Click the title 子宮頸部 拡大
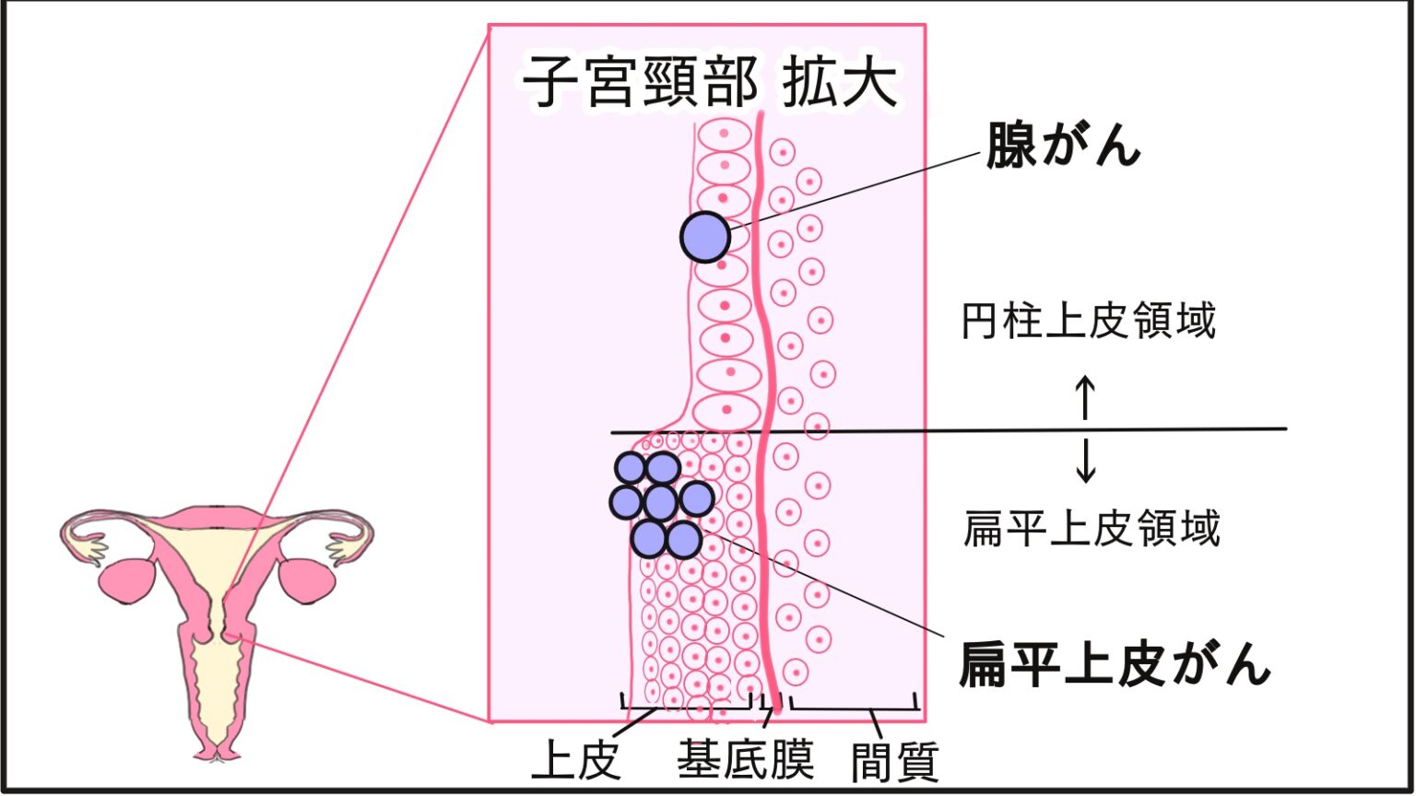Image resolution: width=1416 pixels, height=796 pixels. [710, 83]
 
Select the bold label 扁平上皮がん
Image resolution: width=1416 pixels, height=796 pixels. [1115, 663]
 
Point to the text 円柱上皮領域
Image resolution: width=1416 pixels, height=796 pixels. [1089, 322]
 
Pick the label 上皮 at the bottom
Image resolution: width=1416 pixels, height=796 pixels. [576, 761]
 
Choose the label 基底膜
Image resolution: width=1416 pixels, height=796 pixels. [745, 761]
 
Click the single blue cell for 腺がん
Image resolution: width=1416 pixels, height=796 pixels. [705, 237]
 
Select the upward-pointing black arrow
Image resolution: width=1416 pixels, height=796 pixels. [1086, 397]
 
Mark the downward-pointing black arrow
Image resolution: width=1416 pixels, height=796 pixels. [1086, 461]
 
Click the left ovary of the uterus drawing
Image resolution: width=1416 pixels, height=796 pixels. [124, 580]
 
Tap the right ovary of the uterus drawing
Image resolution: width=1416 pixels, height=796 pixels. [307, 579]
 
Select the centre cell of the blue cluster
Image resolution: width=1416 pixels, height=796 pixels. [660, 502]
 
